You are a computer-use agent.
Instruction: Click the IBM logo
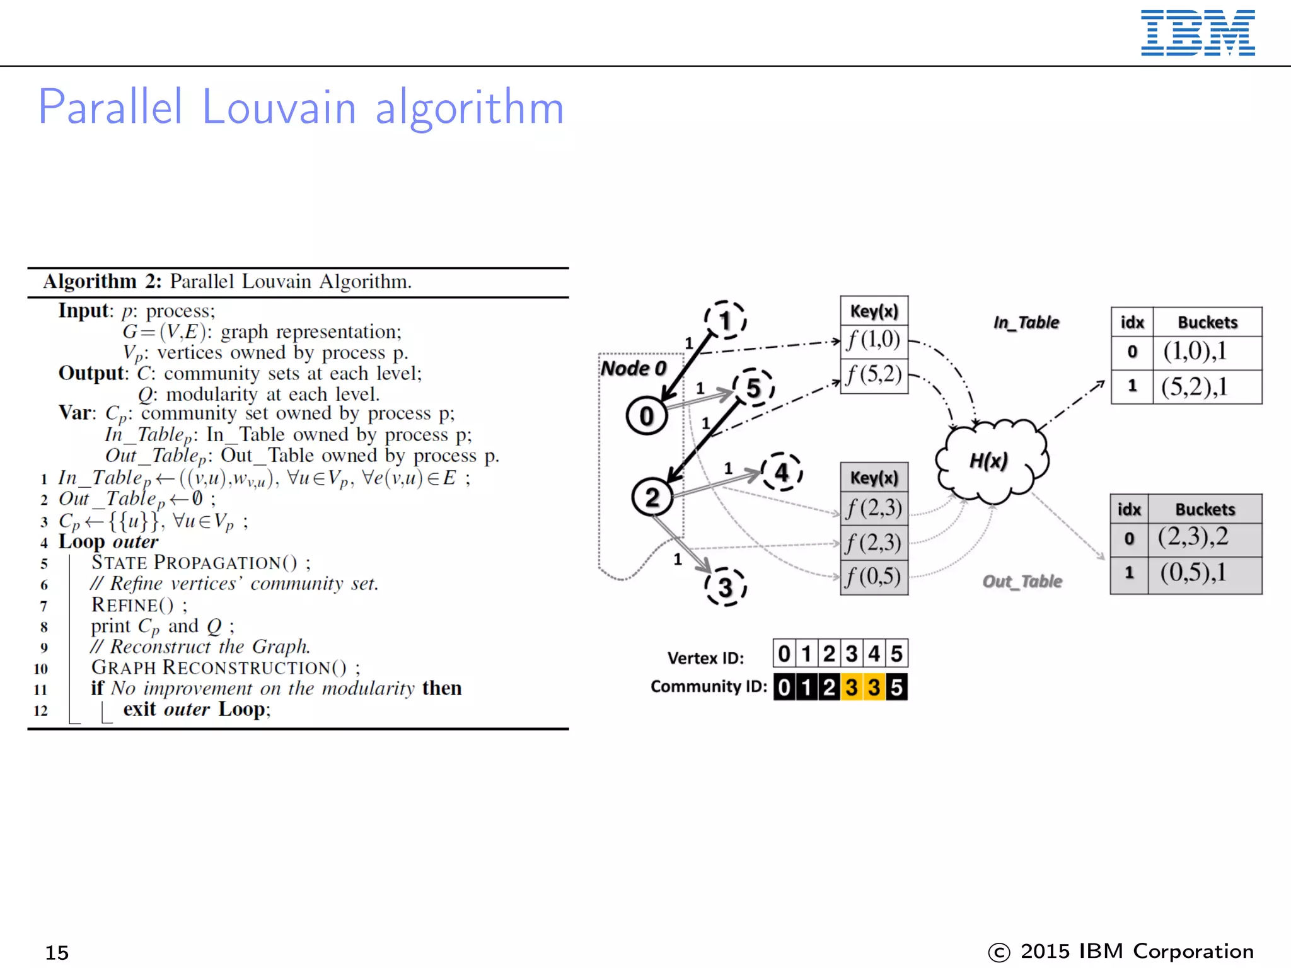click(x=1197, y=33)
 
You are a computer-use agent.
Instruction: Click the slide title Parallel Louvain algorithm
click(x=301, y=107)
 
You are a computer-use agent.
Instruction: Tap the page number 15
click(x=57, y=952)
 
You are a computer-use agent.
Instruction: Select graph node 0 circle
click(x=647, y=416)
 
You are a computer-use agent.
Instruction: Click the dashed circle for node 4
click(x=782, y=472)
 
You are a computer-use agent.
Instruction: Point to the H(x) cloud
click(x=990, y=461)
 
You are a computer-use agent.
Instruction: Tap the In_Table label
click(x=1026, y=323)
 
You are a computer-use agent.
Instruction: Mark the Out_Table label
click(x=1022, y=581)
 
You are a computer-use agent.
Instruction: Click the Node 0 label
click(x=633, y=368)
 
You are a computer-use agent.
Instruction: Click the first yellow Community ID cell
click(x=852, y=687)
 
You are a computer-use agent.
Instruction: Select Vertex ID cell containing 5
click(x=896, y=654)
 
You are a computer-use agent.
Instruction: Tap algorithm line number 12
click(x=41, y=710)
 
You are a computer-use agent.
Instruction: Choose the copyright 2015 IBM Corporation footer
click(x=1120, y=952)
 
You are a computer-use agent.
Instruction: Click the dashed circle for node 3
click(x=726, y=587)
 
